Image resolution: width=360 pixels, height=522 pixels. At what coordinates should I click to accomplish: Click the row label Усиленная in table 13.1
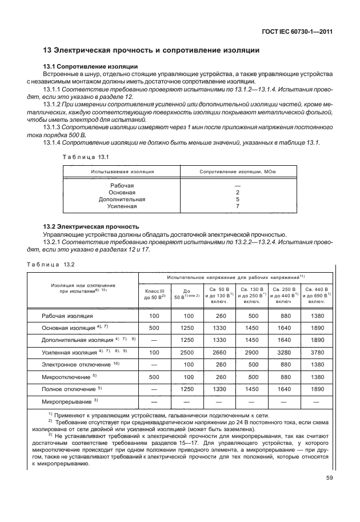[x=123, y=206]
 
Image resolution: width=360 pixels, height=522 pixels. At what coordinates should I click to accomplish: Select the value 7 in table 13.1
[x=237, y=206]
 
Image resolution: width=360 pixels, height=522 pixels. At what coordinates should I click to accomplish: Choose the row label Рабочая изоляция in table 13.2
[x=67, y=316]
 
